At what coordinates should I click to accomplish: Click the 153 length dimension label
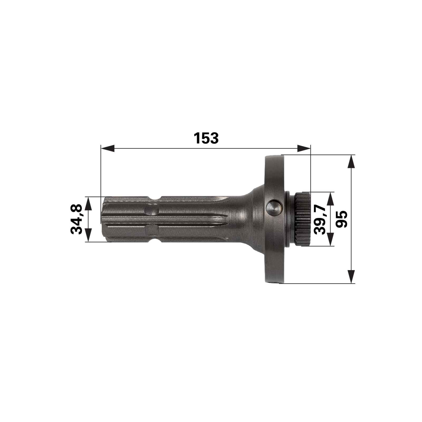206,138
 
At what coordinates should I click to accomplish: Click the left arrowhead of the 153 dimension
108,148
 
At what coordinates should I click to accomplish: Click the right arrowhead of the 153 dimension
304,148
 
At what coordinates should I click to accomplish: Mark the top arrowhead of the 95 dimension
351,161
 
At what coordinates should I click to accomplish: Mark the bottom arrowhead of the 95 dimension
351,277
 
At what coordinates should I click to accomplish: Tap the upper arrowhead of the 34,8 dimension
88,203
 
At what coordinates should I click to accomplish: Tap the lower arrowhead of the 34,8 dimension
88,235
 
